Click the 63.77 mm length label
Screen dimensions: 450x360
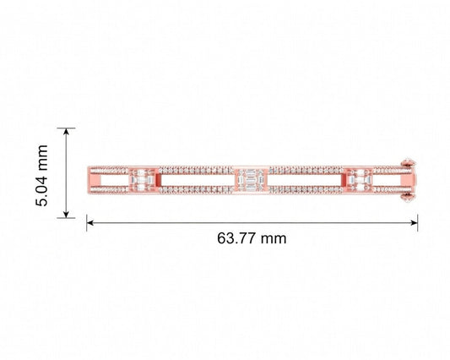pos(252,238)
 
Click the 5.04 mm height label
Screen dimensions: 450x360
pos(42,176)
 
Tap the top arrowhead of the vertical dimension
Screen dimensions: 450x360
pos(67,132)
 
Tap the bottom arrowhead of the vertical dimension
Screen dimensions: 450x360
pos(67,215)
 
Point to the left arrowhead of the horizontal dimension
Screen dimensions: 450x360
pos(90,222)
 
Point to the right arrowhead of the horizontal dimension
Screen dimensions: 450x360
pos(414,222)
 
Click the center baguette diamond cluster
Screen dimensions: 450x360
pos(251,180)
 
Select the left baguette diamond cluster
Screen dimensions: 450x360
pos(143,180)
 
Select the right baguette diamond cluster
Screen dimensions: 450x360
pos(360,180)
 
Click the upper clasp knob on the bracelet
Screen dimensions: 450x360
pos(408,163)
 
